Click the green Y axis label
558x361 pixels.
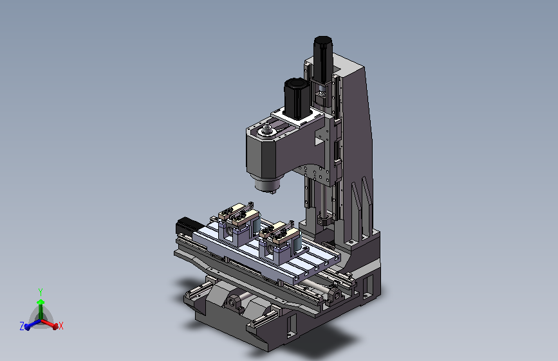41,292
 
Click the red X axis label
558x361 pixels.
61,326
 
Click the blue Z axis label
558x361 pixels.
22,326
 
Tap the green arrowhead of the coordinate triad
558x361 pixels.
41,302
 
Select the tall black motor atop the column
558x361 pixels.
323,58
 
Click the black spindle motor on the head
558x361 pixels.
296,98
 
